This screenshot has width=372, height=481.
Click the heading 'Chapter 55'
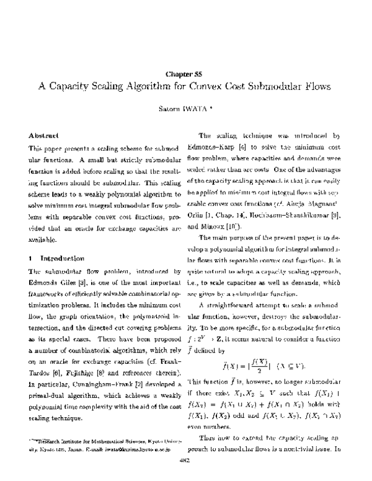click(185, 73)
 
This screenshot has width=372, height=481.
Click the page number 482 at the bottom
click(185, 460)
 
